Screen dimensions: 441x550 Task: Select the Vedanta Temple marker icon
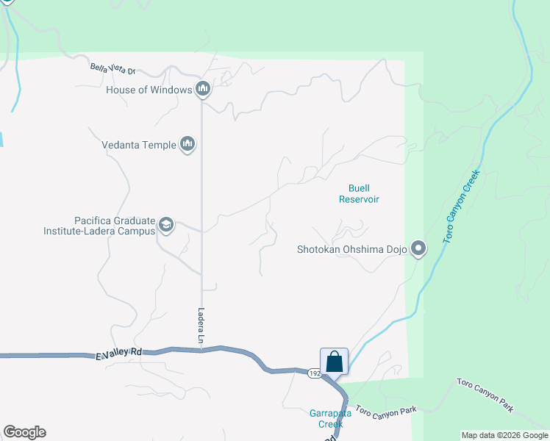click(x=187, y=145)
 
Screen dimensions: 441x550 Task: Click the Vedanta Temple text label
click(x=139, y=145)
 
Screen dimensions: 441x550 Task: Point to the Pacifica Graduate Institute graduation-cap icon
click(x=166, y=225)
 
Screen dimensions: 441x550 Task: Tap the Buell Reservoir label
click(x=359, y=193)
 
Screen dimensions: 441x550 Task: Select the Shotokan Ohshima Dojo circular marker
click(x=418, y=249)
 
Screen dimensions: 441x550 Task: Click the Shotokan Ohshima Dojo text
click(x=351, y=249)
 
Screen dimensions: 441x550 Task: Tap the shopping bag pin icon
click(x=334, y=362)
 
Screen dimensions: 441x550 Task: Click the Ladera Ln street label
click(x=200, y=326)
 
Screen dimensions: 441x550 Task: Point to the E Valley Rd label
click(x=118, y=354)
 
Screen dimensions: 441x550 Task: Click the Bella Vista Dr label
click(x=113, y=70)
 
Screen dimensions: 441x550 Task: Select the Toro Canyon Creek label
click(x=461, y=207)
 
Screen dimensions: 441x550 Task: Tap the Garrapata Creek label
click(x=331, y=418)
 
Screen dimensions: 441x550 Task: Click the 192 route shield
click(x=314, y=373)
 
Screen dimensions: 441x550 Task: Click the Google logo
click(x=24, y=432)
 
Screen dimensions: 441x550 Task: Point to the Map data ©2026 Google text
click(x=504, y=435)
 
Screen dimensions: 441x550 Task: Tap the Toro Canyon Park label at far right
click(x=486, y=395)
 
